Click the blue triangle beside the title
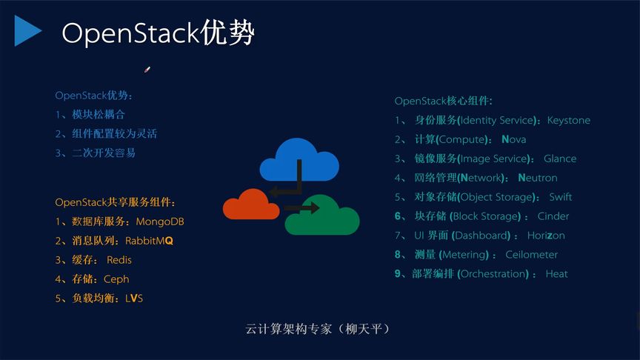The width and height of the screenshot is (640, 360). (27, 30)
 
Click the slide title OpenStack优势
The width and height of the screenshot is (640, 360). (158, 33)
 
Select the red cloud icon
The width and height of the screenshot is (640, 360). (247, 205)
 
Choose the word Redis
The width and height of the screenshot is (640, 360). (119, 260)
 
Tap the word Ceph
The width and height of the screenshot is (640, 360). (116, 279)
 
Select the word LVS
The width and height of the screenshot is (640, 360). (134, 299)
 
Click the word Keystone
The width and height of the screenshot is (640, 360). (568, 120)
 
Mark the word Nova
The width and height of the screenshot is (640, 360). (513, 139)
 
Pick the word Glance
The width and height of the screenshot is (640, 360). (559, 159)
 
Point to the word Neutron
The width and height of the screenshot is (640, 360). (537, 178)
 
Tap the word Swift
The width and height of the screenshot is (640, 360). (560, 197)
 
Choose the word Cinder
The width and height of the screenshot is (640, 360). (553, 216)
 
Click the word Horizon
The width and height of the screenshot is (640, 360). (546, 236)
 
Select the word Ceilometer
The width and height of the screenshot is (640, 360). (531, 255)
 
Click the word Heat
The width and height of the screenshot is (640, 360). (556, 274)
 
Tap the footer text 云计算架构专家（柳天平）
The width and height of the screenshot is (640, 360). (319, 328)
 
